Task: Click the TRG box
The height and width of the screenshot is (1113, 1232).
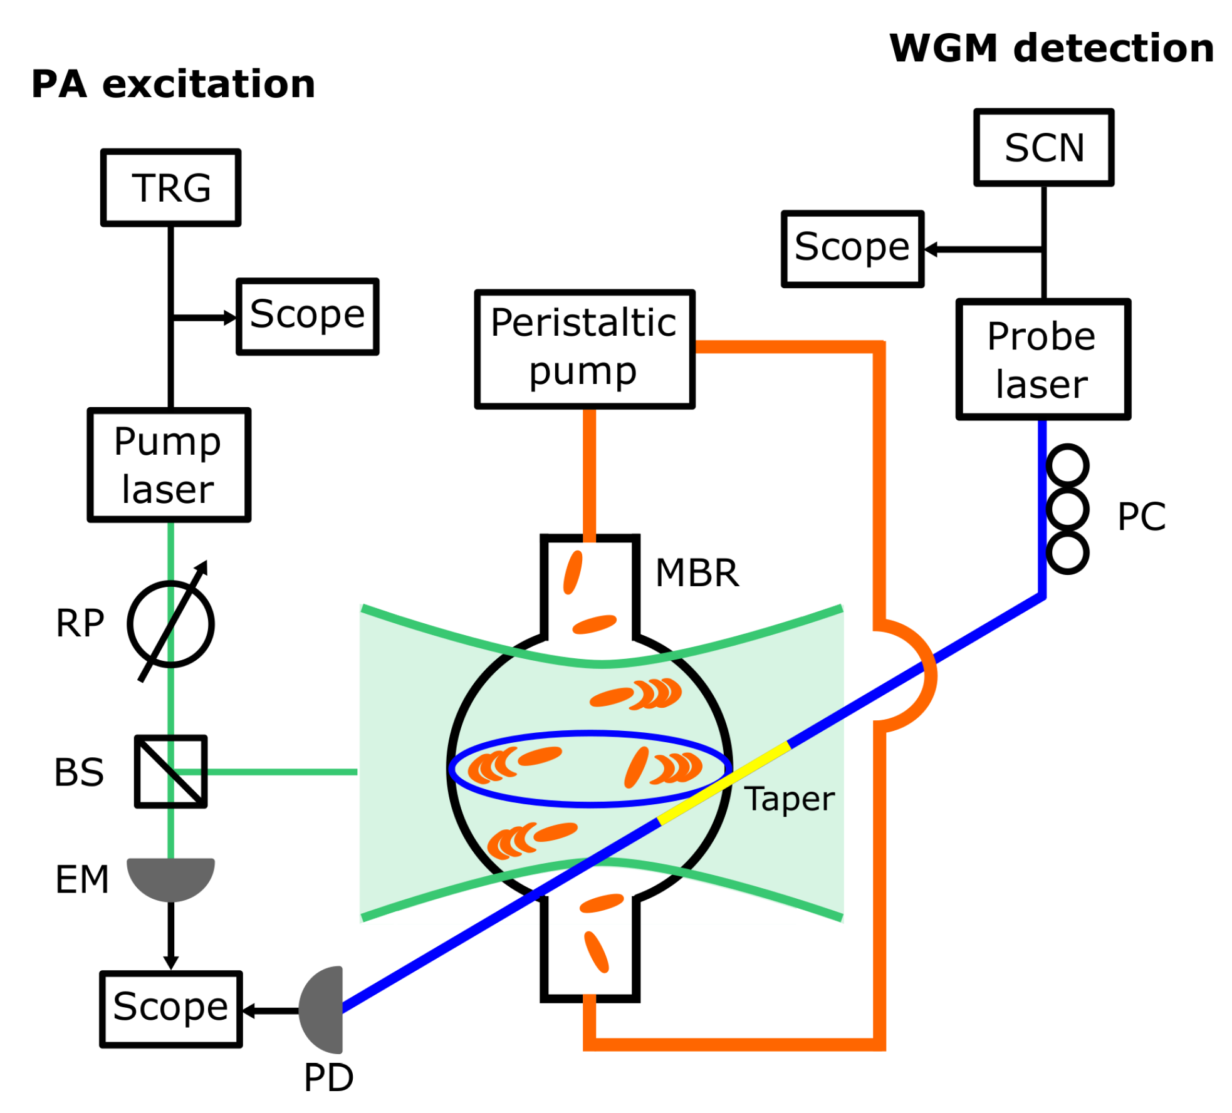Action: [x=170, y=187]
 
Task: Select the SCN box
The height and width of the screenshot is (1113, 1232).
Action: [x=1043, y=147]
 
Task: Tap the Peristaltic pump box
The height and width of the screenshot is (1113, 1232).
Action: [x=584, y=349]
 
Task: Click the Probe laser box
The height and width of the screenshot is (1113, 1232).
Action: [x=1042, y=359]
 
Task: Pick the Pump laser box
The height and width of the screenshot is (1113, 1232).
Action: [x=169, y=465]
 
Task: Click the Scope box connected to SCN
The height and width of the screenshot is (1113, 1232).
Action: [x=852, y=249]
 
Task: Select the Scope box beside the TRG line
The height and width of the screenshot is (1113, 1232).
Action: [x=307, y=316]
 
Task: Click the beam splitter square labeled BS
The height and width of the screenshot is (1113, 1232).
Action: [x=170, y=771]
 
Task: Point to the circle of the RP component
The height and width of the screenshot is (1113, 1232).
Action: [x=170, y=624]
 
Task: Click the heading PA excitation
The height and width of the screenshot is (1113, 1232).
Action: [x=173, y=85]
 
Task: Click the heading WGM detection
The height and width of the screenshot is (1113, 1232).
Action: [x=1051, y=48]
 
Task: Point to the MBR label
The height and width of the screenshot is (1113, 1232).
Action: [x=697, y=572]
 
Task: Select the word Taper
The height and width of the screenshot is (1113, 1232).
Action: [x=788, y=799]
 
